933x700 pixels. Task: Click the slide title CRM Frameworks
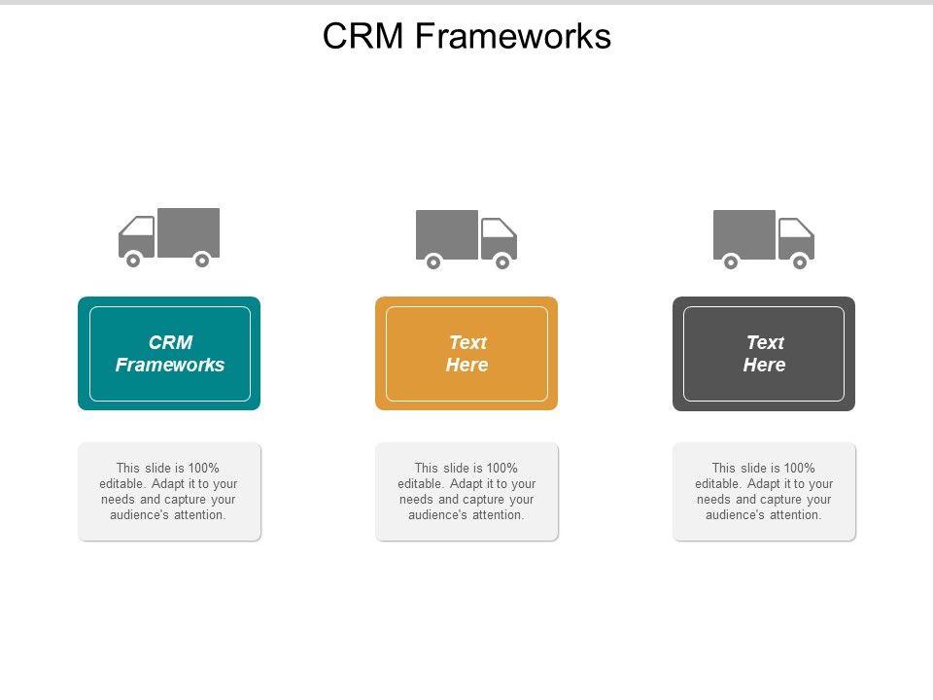[x=466, y=36]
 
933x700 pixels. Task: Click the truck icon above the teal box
[x=169, y=237]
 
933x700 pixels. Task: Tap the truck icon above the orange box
[x=466, y=239]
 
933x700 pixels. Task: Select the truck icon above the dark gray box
[x=764, y=239]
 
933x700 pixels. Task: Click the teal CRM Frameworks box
[x=169, y=354]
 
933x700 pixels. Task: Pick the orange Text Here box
[x=466, y=354]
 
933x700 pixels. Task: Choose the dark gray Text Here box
[x=764, y=354]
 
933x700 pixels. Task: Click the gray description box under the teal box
[x=169, y=492]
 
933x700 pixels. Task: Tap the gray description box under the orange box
[x=467, y=492]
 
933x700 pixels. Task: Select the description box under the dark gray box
[x=765, y=492]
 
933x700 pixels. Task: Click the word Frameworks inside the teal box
[x=170, y=365]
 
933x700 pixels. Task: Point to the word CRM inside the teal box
[x=171, y=342]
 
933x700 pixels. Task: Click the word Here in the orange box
[x=467, y=365]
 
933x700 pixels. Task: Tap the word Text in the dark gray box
[x=766, y=342]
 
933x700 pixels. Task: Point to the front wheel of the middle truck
[x=502, y=262]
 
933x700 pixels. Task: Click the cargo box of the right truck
[x=744, y=234]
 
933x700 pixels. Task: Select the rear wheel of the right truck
[x=731, y=262]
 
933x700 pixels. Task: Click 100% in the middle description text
[x=501, y=468]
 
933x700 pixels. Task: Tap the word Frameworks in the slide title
[x=513, y=36]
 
